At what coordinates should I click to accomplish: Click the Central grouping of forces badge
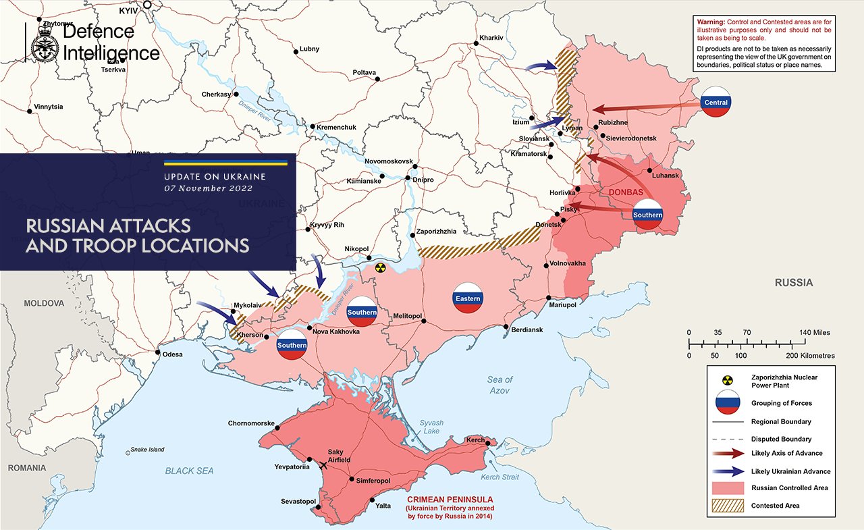pos(715,102)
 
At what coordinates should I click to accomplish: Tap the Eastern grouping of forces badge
pos(468,298)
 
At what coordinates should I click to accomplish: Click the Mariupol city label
pos(562,305)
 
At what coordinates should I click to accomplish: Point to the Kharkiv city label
pos(491,37)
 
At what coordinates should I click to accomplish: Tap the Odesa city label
pos(172,354)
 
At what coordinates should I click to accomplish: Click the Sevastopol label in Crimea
pos(298,501)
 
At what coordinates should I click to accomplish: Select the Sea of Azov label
pos(500,385)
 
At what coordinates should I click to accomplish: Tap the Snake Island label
pos(147,450)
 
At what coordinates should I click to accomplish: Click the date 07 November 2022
pos(209,188)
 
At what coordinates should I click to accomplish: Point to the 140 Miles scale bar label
pos(816,333)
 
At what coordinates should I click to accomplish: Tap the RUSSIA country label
pos(793,282)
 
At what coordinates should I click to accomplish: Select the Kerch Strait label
pos(500,477)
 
